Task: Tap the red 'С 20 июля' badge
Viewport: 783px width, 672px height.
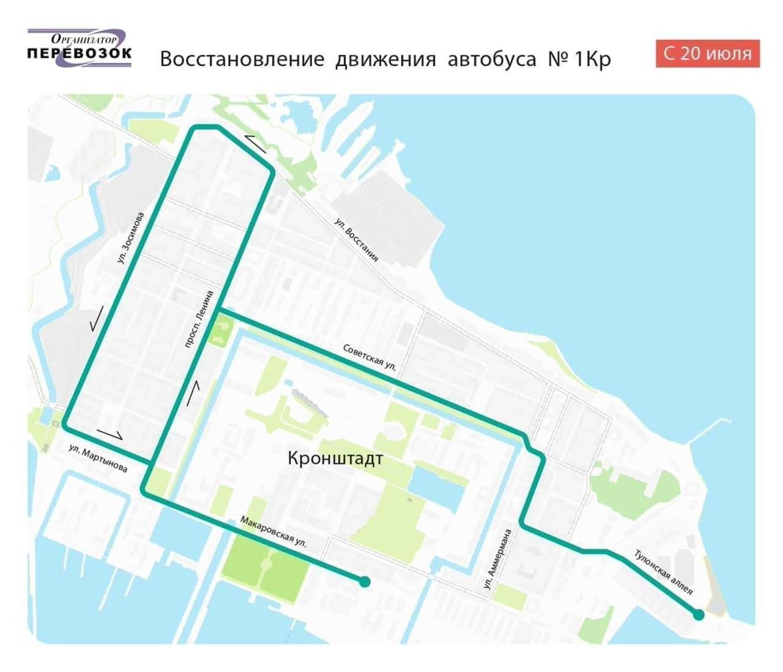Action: click(707, 54)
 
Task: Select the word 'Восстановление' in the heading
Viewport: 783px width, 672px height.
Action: click(242, 59)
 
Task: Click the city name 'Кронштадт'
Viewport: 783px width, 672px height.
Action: click(335, 458)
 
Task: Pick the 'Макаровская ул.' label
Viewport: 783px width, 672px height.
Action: click(273, 532)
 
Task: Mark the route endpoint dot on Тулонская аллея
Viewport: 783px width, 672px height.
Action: click(698, 615)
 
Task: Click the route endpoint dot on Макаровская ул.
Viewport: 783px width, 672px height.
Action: click(365, 581)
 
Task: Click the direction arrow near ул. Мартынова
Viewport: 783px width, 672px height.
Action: click(109, 433)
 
